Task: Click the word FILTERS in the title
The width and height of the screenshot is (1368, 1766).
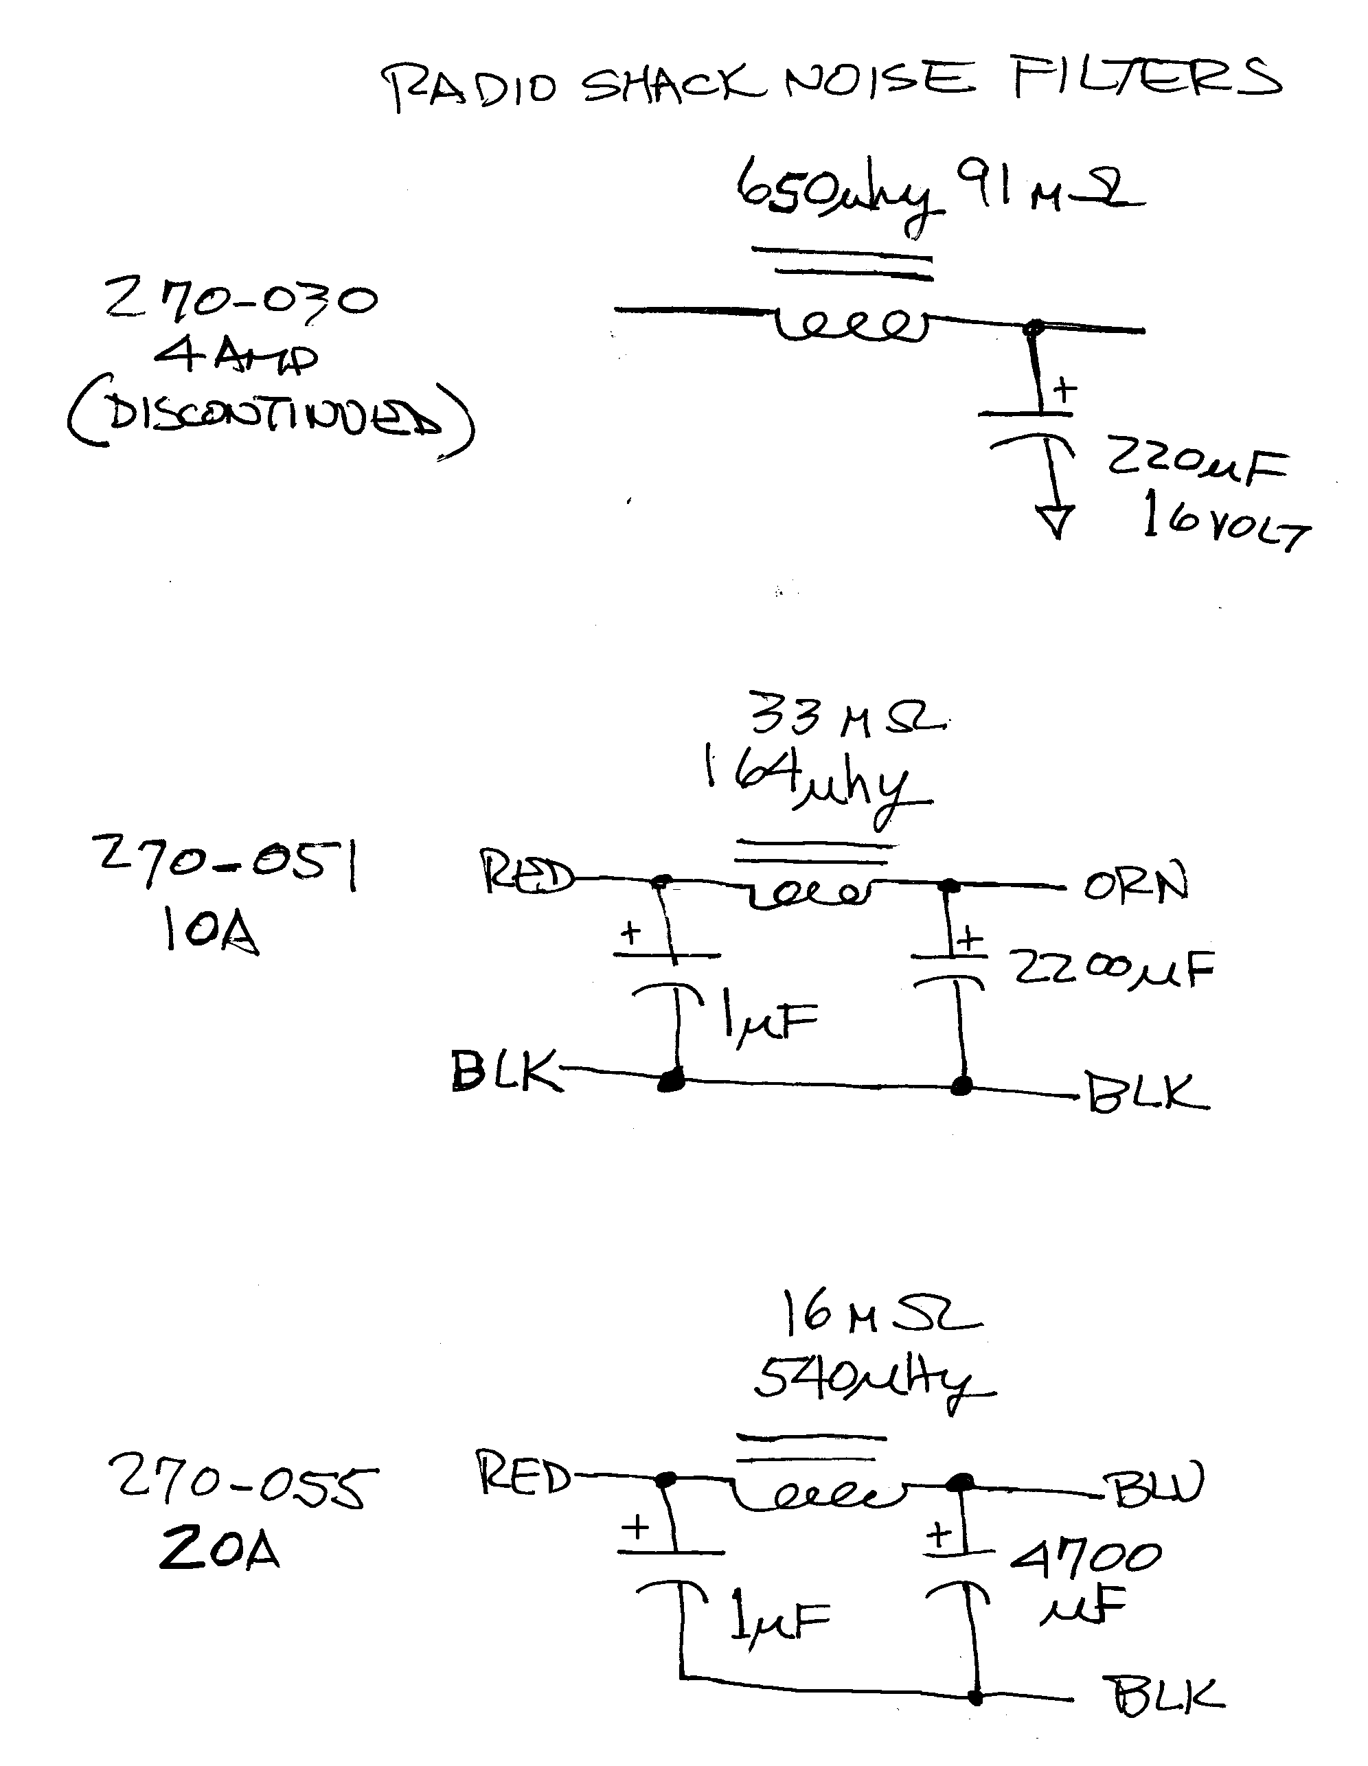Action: [x=1145, y=77]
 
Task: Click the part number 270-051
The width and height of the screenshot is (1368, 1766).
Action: [x=227, y=861]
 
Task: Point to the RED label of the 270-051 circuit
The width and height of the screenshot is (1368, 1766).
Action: [x=527, y=874]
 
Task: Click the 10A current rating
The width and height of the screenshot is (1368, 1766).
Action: [x=209, y=930]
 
